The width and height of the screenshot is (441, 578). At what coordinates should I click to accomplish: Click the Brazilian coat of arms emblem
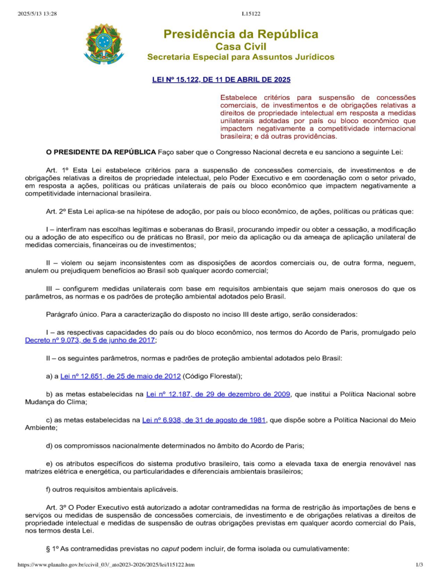[103, 44]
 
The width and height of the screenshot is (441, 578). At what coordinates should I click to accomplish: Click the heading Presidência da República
[241, 34]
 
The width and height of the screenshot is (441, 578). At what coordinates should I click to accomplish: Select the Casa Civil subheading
[241, 46]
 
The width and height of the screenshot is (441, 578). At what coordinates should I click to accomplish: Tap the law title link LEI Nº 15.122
[221, 79]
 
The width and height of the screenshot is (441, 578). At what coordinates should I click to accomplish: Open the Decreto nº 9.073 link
[90, 340]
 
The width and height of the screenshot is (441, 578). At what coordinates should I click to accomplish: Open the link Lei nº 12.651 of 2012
[120, 376]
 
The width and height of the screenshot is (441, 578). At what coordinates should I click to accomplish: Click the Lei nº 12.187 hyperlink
[218, 394]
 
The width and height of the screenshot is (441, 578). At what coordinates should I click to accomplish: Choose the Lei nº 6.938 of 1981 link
[204, 420]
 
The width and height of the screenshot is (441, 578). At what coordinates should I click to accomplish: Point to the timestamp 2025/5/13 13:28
[37, 14]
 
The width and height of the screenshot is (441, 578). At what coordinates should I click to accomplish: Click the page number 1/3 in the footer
[419, 564]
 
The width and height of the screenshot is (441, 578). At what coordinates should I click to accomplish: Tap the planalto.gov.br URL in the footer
[106, 564]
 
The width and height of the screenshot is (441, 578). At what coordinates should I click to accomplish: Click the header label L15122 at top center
[251, 14]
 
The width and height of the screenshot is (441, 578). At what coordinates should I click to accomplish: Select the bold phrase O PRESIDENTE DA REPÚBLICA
[101, 152]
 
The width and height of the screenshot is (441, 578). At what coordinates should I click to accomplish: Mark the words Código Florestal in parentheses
[212, 376]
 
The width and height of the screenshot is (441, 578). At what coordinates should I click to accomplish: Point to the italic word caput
[170, 549]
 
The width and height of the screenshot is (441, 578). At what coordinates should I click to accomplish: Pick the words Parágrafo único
[72, 314]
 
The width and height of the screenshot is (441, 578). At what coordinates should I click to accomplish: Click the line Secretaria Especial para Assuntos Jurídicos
[241, 57]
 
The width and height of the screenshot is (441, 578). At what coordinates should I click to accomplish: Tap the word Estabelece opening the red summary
[239, 97]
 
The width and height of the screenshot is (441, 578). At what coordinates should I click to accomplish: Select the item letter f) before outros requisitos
[48, 490]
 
